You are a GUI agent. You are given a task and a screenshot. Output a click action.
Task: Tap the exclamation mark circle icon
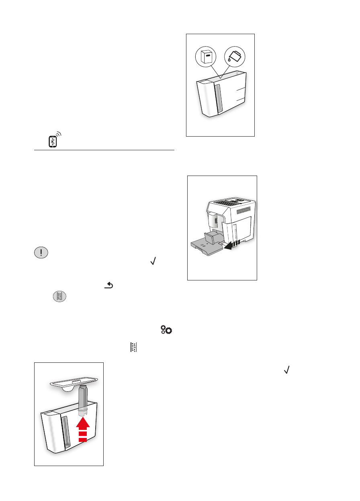click(x=40, y=252)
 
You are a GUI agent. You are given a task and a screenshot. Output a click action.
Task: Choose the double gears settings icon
click(x=166, y=330)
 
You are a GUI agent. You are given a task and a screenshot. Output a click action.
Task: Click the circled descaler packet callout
click(x=206, y=57)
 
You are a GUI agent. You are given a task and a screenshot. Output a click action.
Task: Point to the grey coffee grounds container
click(x=211, y=237)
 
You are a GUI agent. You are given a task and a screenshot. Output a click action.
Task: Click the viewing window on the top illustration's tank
click(x=218, y=98)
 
